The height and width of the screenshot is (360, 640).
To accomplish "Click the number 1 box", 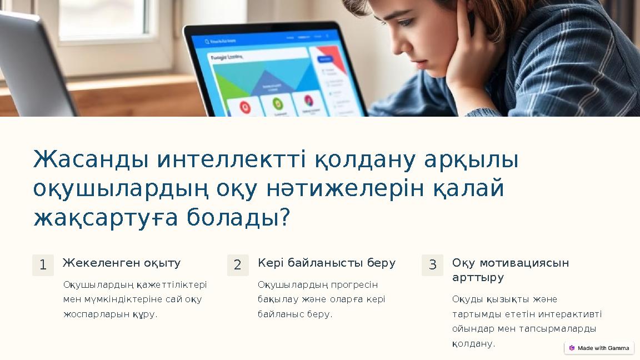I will click(43, 265).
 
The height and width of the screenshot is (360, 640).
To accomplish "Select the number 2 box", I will click(238, 265).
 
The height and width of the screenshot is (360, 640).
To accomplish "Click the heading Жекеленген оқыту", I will click(122, 263).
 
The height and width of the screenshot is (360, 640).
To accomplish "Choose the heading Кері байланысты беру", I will click(327, 263).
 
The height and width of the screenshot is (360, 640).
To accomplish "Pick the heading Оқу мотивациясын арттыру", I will click(510, 269).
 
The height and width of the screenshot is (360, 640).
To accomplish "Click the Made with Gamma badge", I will click(599, 348).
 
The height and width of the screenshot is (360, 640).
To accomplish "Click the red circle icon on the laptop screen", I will click(244, 106).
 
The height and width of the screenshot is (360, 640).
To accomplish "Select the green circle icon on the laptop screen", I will click(277, 104).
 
